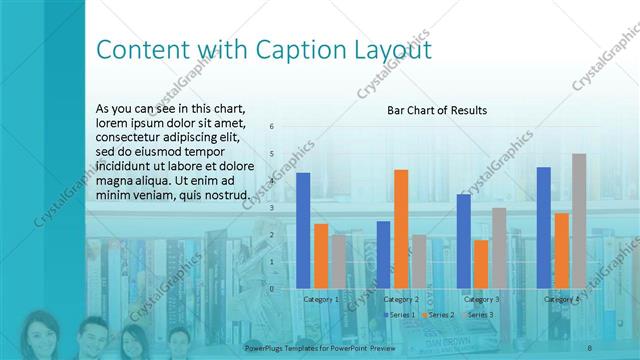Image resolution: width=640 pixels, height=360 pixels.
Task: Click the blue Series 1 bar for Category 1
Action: coord(303,231)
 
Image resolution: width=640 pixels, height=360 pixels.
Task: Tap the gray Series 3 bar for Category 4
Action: coord(579,221)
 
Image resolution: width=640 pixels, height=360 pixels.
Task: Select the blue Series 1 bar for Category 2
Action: coord(383,255)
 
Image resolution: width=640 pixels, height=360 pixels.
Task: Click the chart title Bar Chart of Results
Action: coord(437,111)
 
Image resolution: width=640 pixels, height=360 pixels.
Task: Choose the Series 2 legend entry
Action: coord(439,315)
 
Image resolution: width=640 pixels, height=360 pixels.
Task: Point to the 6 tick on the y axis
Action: coord(271,127)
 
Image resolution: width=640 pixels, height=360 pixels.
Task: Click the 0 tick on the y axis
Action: coord(271,289)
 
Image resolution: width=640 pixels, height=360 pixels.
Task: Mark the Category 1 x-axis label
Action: coord(321,299)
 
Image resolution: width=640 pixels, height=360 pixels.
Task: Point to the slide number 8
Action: coord(590,346)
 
